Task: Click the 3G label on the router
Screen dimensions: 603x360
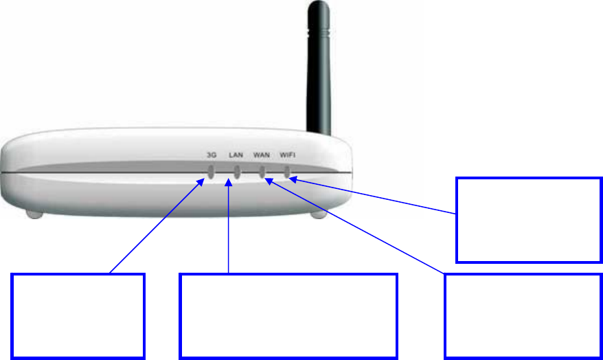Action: pyautogui.click(x=212, y=155)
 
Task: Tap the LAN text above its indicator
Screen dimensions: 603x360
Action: pyautogui.click(x=236, y=155)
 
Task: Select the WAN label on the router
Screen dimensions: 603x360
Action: pyautogui.click(x=261, y=155)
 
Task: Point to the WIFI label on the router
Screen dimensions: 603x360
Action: pyautogui.click(x=288, y=155)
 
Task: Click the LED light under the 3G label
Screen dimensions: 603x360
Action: pyautogui.click(x=212, y=172)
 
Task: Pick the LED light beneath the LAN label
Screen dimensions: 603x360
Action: pyautogui.click(x=236, y=172)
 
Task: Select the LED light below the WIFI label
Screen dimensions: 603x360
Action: pyautogui.click(x=286, y=172)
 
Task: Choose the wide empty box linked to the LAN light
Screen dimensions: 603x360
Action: pyautogui.click(x=288, y=315)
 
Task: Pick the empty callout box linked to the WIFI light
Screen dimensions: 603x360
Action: pyautogui.click(x=529, y=220)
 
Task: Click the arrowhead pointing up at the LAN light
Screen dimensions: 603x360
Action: pyautogui.click(x=228, y=183)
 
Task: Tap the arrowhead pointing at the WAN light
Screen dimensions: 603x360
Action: pyautogui.click(x=269, y=181)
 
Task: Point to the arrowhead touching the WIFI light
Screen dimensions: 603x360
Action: pyautogui.click(x=293, y=180)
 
